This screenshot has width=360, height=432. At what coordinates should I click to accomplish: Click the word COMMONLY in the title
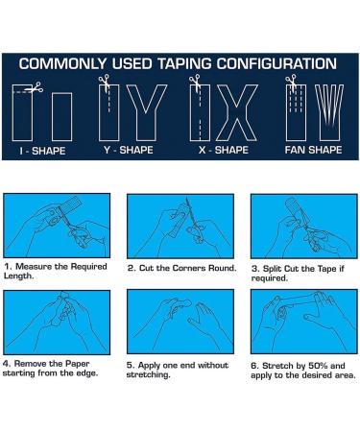pos(62,63)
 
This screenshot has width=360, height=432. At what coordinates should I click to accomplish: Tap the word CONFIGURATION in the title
pos(276,63)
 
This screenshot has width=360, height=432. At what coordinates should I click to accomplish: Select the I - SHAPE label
pos(42,151)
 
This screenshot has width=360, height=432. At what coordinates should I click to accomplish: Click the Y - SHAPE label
pos(129,150)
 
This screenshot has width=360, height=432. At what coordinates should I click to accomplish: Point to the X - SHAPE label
pos(224,150)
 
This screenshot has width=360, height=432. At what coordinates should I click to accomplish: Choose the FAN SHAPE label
pos(313,150)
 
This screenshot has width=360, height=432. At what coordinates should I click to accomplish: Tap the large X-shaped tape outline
pos(237,112)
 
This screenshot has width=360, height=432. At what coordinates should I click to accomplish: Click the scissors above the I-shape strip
pos(36,87)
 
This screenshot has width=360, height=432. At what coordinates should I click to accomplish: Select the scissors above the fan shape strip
pos(292,81)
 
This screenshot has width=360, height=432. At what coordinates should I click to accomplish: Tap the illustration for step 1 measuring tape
pos(57,226)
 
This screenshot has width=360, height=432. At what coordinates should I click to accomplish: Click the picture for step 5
pos(180,322)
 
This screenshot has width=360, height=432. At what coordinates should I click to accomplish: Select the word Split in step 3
pos(272,269)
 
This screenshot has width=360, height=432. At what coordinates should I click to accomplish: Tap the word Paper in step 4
pos(78,364)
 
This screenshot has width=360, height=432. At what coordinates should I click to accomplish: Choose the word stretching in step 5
pos(148,375)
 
